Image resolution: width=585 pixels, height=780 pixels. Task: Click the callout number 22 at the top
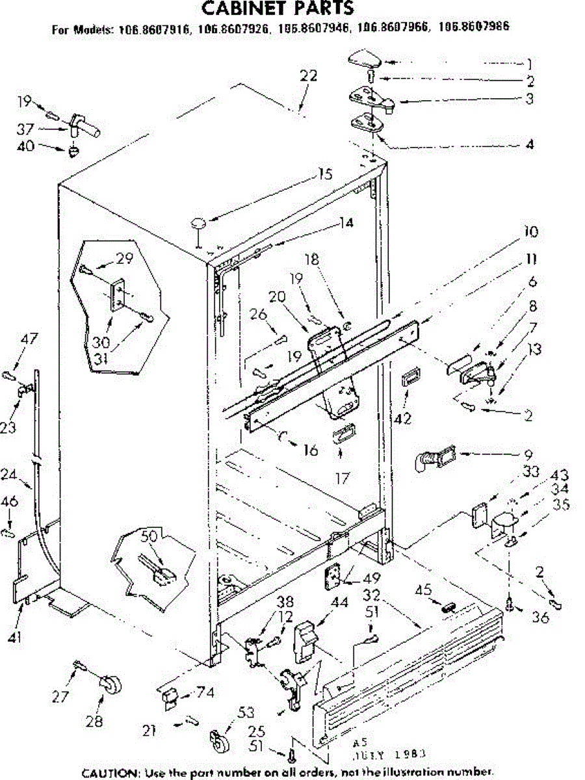(x=308, y=75)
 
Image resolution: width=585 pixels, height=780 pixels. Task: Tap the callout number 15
(x=325, y=174)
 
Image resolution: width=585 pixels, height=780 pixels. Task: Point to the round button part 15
(x=198, y=224)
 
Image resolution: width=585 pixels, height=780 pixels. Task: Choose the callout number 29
(x=125, y=258)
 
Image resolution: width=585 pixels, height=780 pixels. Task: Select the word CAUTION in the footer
(x=109, y=773)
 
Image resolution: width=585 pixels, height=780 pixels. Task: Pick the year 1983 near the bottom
(x=410, y=755)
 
